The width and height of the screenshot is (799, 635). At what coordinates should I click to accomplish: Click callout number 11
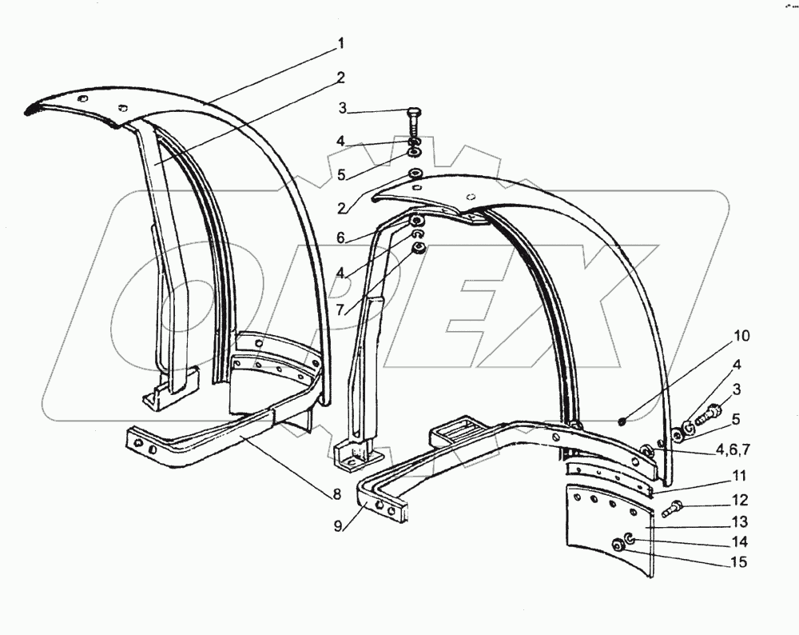click(x=739, y=476)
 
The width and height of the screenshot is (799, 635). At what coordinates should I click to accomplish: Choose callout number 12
click(x=739, y=501)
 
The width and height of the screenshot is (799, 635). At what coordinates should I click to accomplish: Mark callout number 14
click(x=739, y=541)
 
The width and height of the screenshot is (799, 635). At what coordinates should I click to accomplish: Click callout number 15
click(x=739, y=562)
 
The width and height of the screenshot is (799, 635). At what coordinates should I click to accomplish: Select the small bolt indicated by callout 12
click(x=674, y=505)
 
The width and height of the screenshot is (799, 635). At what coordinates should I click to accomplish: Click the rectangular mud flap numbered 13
click(x=607, y=528)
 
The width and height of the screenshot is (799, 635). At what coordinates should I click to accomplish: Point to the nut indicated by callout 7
click(x=416, y=249)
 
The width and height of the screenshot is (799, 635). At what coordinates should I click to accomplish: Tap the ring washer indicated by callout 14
click(x=630, y=537)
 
